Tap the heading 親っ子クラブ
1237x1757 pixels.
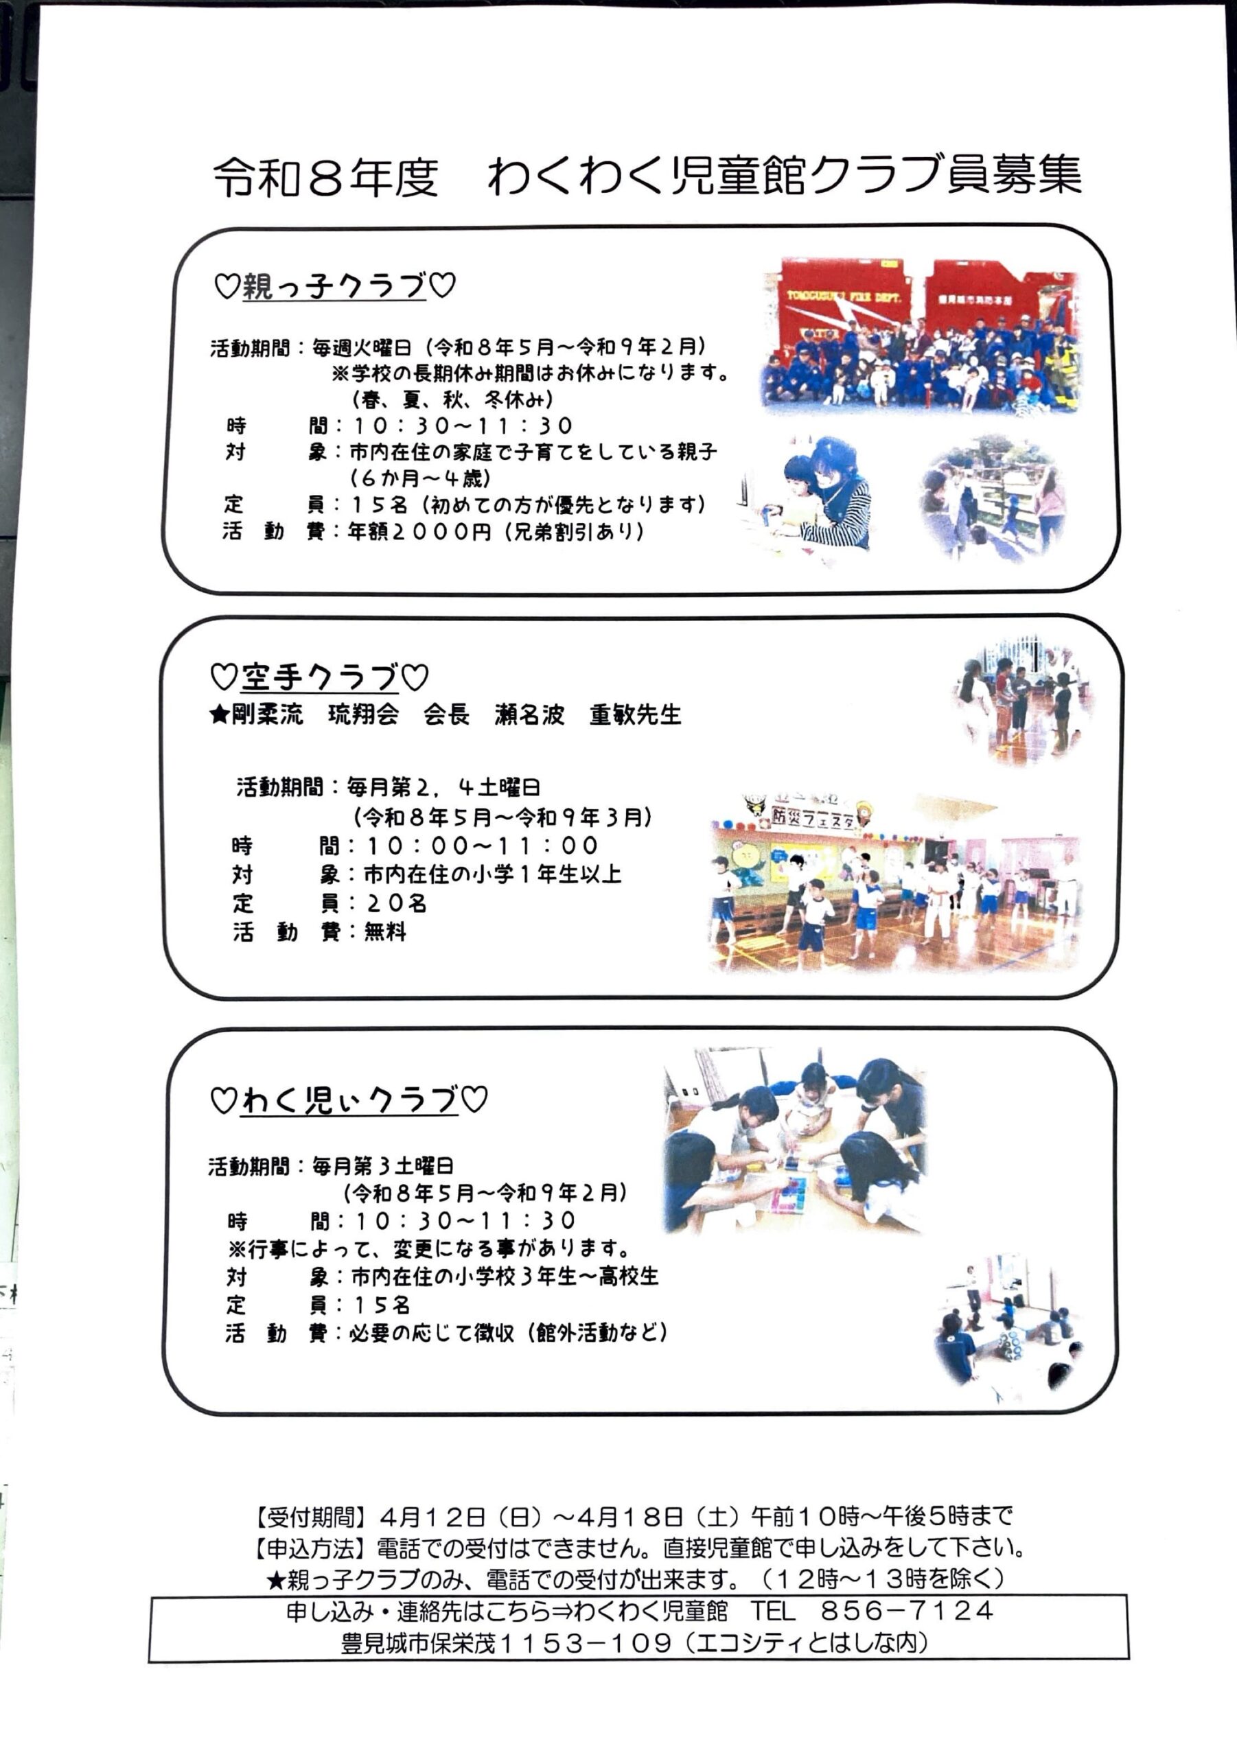click(334, 286)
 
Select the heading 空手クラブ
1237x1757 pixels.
click(319, 677)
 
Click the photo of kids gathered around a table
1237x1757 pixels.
click(794, 1146)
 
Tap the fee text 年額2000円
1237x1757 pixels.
click(419, 531)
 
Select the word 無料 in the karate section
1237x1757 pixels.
click(385, 931)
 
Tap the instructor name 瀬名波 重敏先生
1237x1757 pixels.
click(588, 714)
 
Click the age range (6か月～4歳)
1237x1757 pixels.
click(420, 478)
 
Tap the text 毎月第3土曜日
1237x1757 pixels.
click(383, 1166)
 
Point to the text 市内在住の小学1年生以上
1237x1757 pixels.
click(492, 874)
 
